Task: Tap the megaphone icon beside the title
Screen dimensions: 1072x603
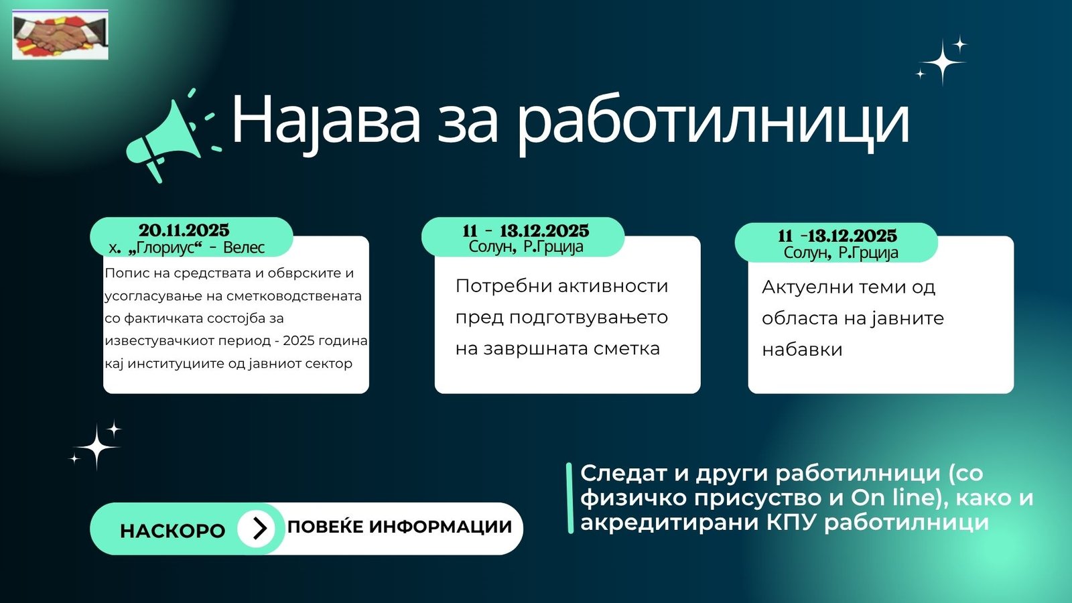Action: [x=172, y=136]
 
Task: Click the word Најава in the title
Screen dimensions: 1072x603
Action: [x=326, y=120]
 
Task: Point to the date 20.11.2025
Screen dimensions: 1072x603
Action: [x=184, y=230]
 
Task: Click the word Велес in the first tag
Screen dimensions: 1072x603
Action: [x=244, y=248]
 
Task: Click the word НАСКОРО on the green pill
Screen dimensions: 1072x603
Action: [x=172, y=531]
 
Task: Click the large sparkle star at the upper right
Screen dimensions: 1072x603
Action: [x=943, y=62]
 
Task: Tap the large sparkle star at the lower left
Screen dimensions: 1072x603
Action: [x=97, y=446]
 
